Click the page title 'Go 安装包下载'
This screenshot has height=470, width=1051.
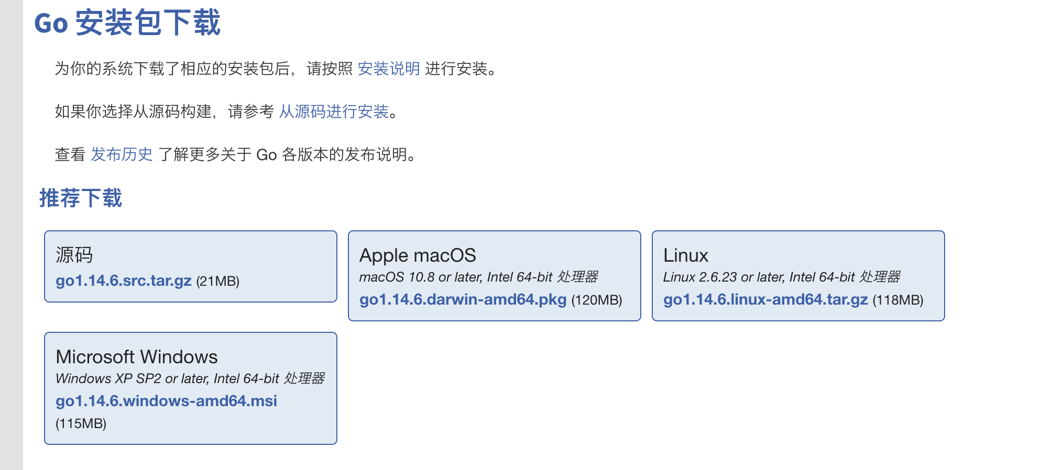(x=127, y=23)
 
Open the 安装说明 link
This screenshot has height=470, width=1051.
(x=388, y=69)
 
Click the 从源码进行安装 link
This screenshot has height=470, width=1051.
(x=333, y=111)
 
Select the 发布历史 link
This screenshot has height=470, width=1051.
(x=122, y=154)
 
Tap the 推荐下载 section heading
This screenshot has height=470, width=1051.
(x=81, y=198)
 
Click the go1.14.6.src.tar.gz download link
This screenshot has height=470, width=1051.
(x=124, y=281)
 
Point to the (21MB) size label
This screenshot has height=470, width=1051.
(x=217, y=282)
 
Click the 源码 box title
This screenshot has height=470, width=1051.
(x=74, y=255)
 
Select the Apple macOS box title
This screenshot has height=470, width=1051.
(x=418, y=255)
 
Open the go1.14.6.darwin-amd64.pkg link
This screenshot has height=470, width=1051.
(x=463, y=299)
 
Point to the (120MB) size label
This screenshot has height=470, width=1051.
(x=596, y=300)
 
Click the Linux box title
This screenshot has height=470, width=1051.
(x=685, y=255)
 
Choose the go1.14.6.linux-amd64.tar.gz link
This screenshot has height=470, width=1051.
(x=765, y=299)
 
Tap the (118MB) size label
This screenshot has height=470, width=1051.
(x=897, y=300)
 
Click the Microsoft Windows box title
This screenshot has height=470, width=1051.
(x=136, y=357)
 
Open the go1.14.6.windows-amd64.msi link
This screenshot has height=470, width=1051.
(x=166, y=401)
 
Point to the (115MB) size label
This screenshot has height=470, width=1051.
(x=81, y=423)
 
